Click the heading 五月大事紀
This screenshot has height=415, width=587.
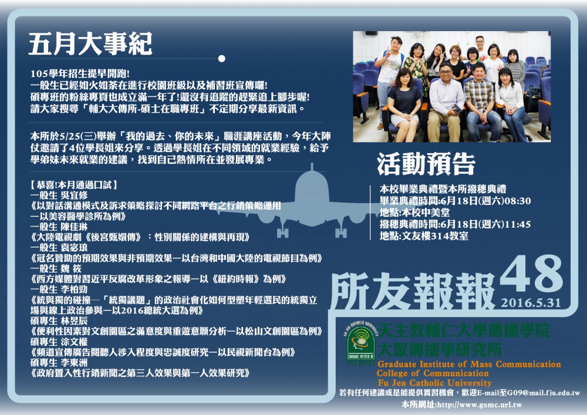90,44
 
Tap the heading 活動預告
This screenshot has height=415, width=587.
426,164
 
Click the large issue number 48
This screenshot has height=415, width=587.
531,275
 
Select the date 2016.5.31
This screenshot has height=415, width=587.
531,303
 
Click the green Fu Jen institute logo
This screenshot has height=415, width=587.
361,343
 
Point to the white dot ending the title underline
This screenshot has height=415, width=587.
222,58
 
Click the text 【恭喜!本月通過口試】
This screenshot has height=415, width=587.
74,185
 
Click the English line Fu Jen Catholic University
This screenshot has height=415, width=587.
434,383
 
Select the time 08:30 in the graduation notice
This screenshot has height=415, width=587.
518,201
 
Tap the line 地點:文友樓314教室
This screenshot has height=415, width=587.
424,236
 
